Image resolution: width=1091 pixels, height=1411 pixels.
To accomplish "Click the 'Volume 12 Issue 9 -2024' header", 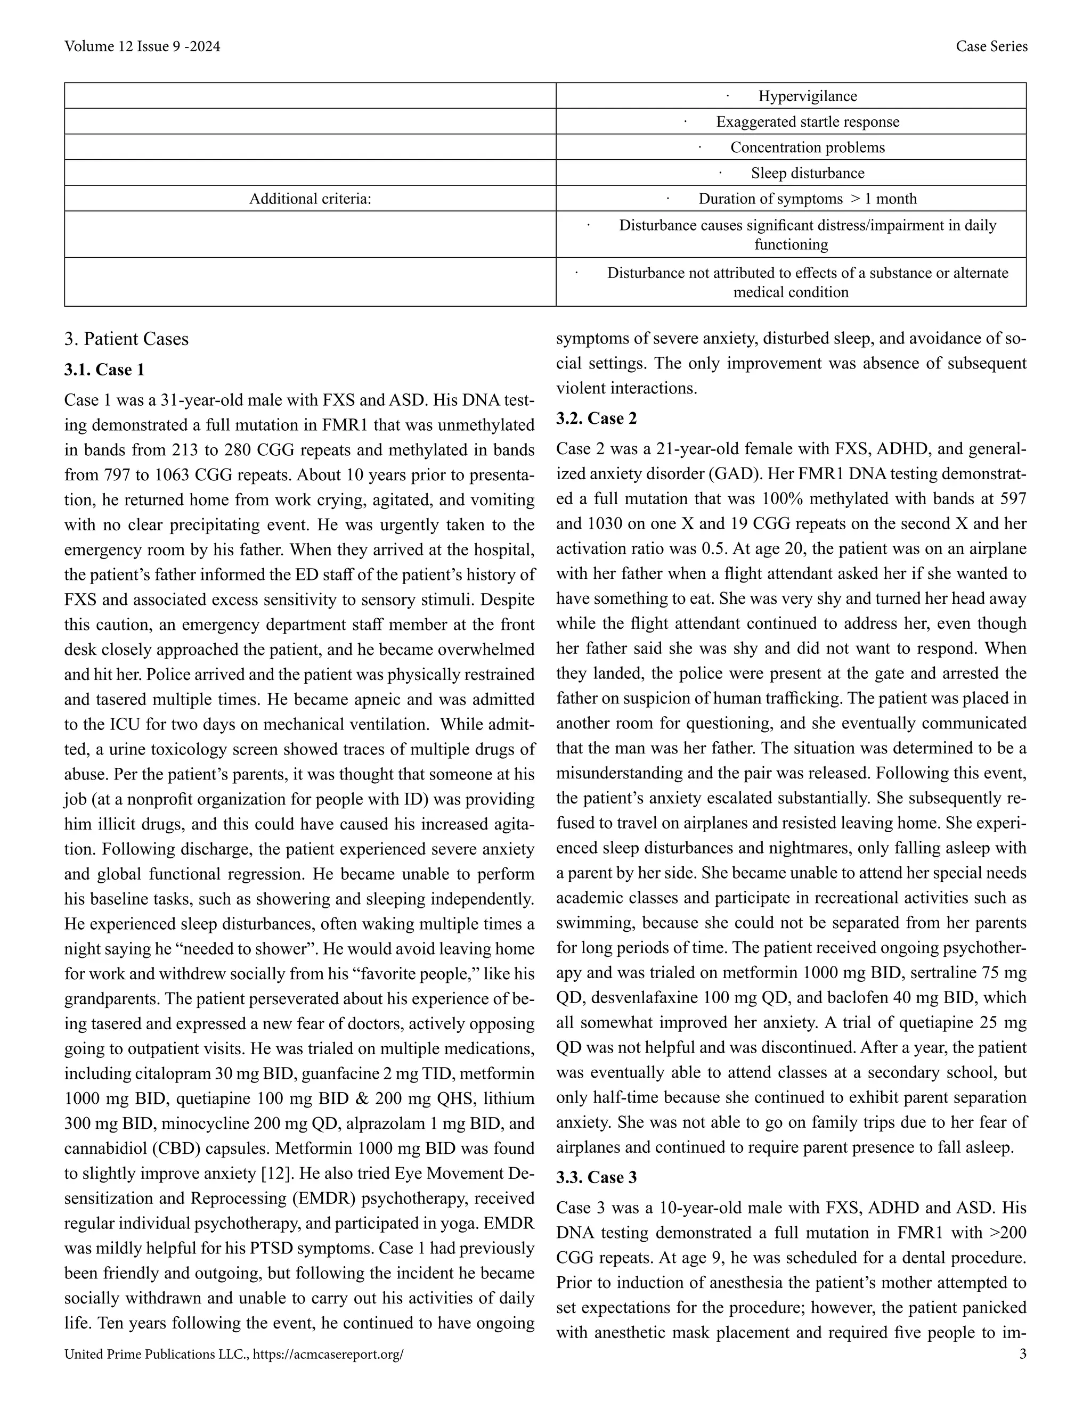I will (x=142, y=46).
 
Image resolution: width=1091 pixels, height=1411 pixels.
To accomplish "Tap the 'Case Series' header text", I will (x=991, y=46).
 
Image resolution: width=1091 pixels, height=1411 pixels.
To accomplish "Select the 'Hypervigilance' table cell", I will (x=807, y=96).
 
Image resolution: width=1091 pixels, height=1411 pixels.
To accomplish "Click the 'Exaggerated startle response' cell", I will (x=807, y=122).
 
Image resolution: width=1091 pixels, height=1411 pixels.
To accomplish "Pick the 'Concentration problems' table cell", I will (x=807, y=147).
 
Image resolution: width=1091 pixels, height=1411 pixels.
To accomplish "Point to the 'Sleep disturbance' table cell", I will (x=807, y=173).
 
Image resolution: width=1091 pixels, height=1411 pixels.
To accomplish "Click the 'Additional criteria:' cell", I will (x=310, y=199).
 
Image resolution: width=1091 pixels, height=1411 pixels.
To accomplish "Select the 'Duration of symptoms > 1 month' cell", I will (x=807, y=199).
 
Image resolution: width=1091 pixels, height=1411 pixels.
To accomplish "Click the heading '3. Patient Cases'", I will (x=127, y=339).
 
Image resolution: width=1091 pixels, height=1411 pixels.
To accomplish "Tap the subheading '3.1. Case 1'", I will (x=105, y=370).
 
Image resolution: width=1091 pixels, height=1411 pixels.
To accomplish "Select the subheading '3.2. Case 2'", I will (x=597, y=419).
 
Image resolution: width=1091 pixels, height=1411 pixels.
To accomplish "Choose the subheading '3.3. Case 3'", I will (x=597, y=1178).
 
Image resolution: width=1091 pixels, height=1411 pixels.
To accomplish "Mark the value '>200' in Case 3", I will (x=1008, y=1233).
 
